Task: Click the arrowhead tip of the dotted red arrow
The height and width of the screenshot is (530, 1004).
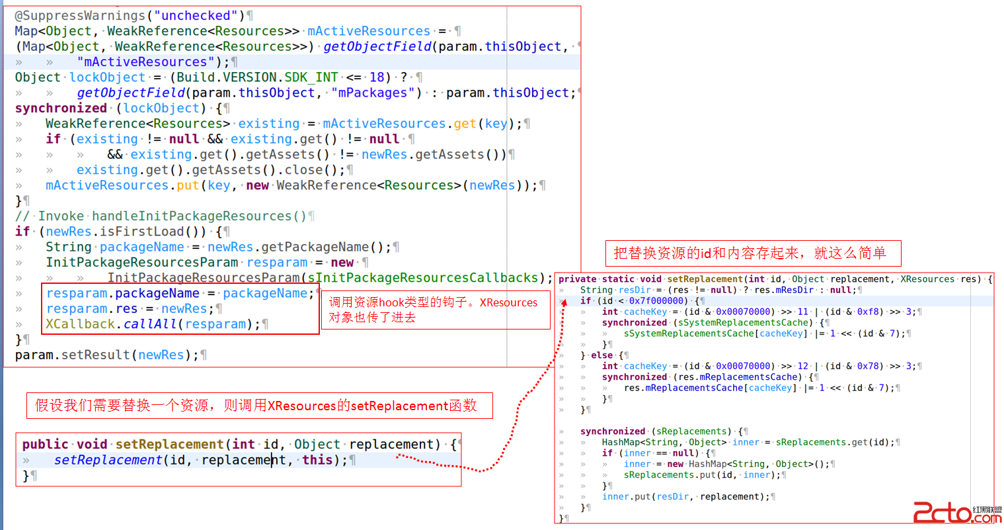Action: point(564,300)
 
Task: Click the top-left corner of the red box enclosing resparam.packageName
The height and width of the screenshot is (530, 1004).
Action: point(42,284)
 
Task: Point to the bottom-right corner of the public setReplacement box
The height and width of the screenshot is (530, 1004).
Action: point(461,486)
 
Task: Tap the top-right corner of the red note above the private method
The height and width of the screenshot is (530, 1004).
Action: point(901,241)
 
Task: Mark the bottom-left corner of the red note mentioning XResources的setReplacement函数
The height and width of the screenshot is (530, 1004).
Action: point(27,418)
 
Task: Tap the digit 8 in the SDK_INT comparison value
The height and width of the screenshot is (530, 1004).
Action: point(381,77)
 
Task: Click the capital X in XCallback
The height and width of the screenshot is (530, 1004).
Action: point(50,324)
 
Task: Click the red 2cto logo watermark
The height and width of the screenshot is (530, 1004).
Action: point(957,513)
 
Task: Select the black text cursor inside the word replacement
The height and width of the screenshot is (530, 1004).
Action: point(272,460)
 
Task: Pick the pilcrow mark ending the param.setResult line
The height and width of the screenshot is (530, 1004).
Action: point(204,355)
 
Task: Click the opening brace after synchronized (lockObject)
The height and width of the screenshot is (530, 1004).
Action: point(219,109)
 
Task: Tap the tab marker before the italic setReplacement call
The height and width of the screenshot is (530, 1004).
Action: point(26,461)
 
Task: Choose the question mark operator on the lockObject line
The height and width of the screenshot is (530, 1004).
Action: point(404,77)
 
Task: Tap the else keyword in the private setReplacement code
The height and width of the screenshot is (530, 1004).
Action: point(601,355)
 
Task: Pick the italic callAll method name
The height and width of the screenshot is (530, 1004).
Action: point(150,324)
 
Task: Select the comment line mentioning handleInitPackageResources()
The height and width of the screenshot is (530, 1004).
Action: point(161,216)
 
